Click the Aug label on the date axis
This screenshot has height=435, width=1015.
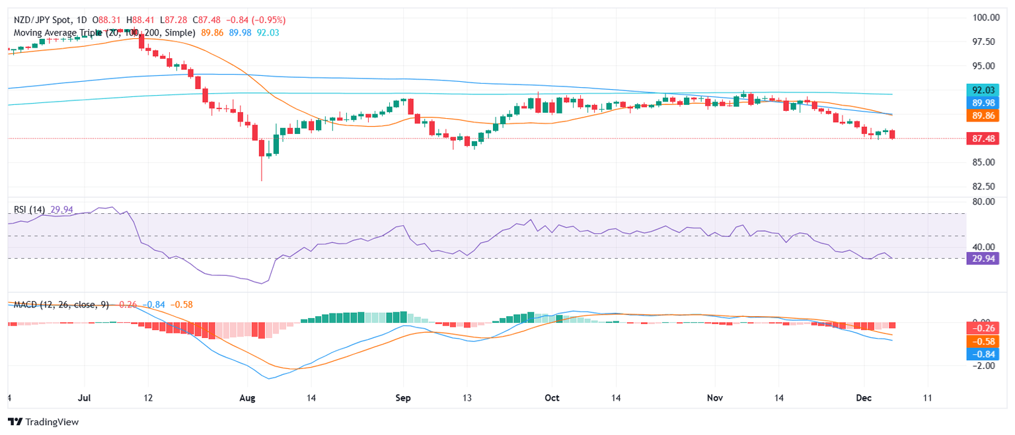(246, 399)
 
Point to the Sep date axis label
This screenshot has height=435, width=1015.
(403, 399)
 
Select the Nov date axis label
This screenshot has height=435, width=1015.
(716, 399)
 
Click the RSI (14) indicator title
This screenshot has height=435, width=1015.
(30, 210)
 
